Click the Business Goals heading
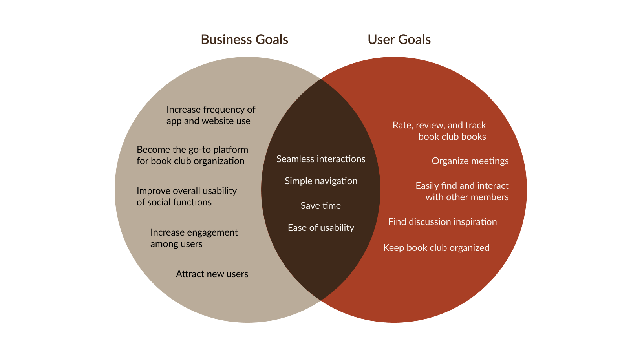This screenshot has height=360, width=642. (244, 40)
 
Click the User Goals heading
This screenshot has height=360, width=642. (399, 40)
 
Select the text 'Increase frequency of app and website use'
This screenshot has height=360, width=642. (210, 115)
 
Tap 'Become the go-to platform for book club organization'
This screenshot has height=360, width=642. (192, 155)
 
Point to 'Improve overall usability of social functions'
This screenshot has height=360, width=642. (187, 196)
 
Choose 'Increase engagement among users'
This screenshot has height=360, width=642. (194, 238)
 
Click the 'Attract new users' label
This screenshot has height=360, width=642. (212, 274)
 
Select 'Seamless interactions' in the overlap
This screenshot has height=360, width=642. (321, 159)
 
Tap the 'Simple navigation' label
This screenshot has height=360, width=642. (321, 181)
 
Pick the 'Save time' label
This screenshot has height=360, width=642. (320, 206)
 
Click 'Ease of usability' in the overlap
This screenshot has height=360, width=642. (321, 228)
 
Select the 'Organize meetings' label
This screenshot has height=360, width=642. (470, 161)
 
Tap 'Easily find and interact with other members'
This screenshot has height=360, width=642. (462, 191)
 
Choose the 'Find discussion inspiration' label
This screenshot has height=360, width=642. (443, 222)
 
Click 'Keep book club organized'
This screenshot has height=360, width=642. (436, 248)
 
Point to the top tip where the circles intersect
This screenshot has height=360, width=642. (321, 79)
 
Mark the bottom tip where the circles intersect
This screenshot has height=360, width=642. (321, 300)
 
